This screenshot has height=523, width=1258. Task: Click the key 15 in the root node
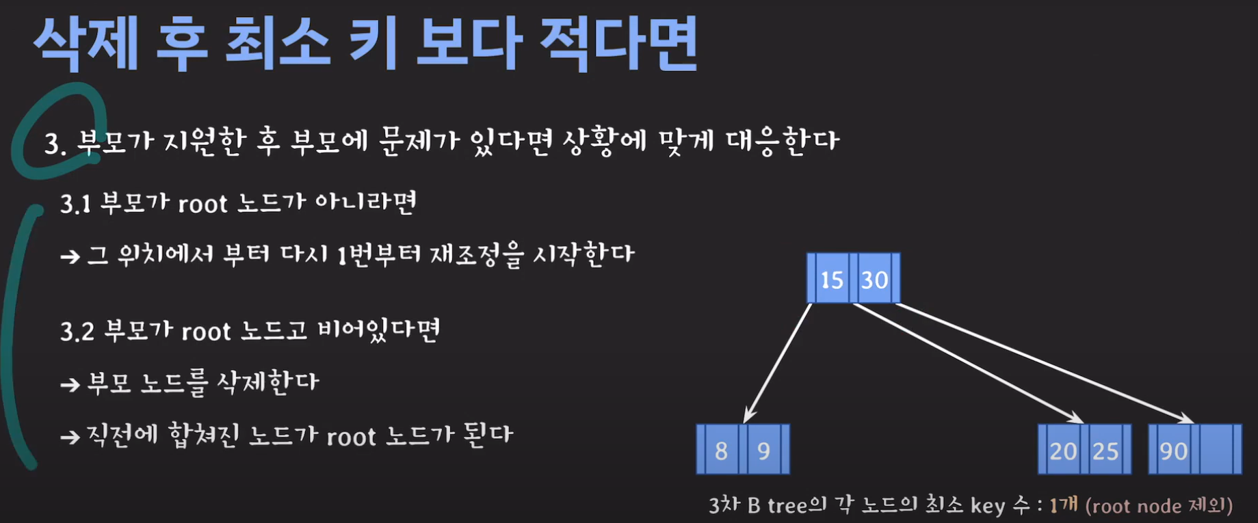tap(831, 280)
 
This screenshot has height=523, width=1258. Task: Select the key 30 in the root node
tap(874, 280)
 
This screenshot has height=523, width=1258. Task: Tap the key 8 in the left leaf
tap(721, 451)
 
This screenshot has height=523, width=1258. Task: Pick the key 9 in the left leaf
tap(763, 451)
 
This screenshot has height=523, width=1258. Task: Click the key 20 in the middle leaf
tap(1063, 451)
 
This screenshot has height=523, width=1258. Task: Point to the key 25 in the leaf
tap(1105, 451)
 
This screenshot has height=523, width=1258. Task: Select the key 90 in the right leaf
tap(1173, 451)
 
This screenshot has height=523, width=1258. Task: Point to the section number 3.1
tap(75, 204)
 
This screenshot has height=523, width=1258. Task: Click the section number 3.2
tap(77, 332)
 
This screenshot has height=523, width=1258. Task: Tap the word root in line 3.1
tap(202, 204)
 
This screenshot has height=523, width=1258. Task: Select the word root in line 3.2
tap(206, 332)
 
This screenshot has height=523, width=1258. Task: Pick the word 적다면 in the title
tap(618, 43)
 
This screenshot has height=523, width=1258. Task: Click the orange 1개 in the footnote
tap(1063, 505)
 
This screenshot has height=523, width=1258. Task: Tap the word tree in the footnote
tap(787, 505)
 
